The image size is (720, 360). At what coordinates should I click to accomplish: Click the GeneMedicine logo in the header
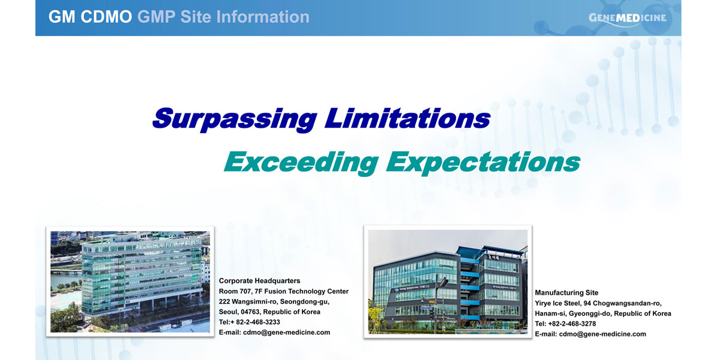tap(628, 19)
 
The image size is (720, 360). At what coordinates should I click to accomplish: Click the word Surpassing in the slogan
tap(235, 119)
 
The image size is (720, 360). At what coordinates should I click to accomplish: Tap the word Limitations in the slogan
tap(407, 118)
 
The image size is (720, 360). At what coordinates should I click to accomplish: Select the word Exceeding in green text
tap(301, 163)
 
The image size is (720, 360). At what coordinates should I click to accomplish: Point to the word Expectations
tap(483, 163)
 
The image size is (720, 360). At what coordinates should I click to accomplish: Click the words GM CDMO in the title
tap(91, 17)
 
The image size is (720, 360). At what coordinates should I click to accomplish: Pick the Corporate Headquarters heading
tap(259, 281)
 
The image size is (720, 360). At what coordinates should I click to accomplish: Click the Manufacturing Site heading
tap(566, 293)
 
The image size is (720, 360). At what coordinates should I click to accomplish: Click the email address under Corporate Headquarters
tap(286, 332)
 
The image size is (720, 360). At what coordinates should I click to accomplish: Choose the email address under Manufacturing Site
tap(602, 334)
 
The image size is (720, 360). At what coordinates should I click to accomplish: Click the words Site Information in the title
tap(245, 17)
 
